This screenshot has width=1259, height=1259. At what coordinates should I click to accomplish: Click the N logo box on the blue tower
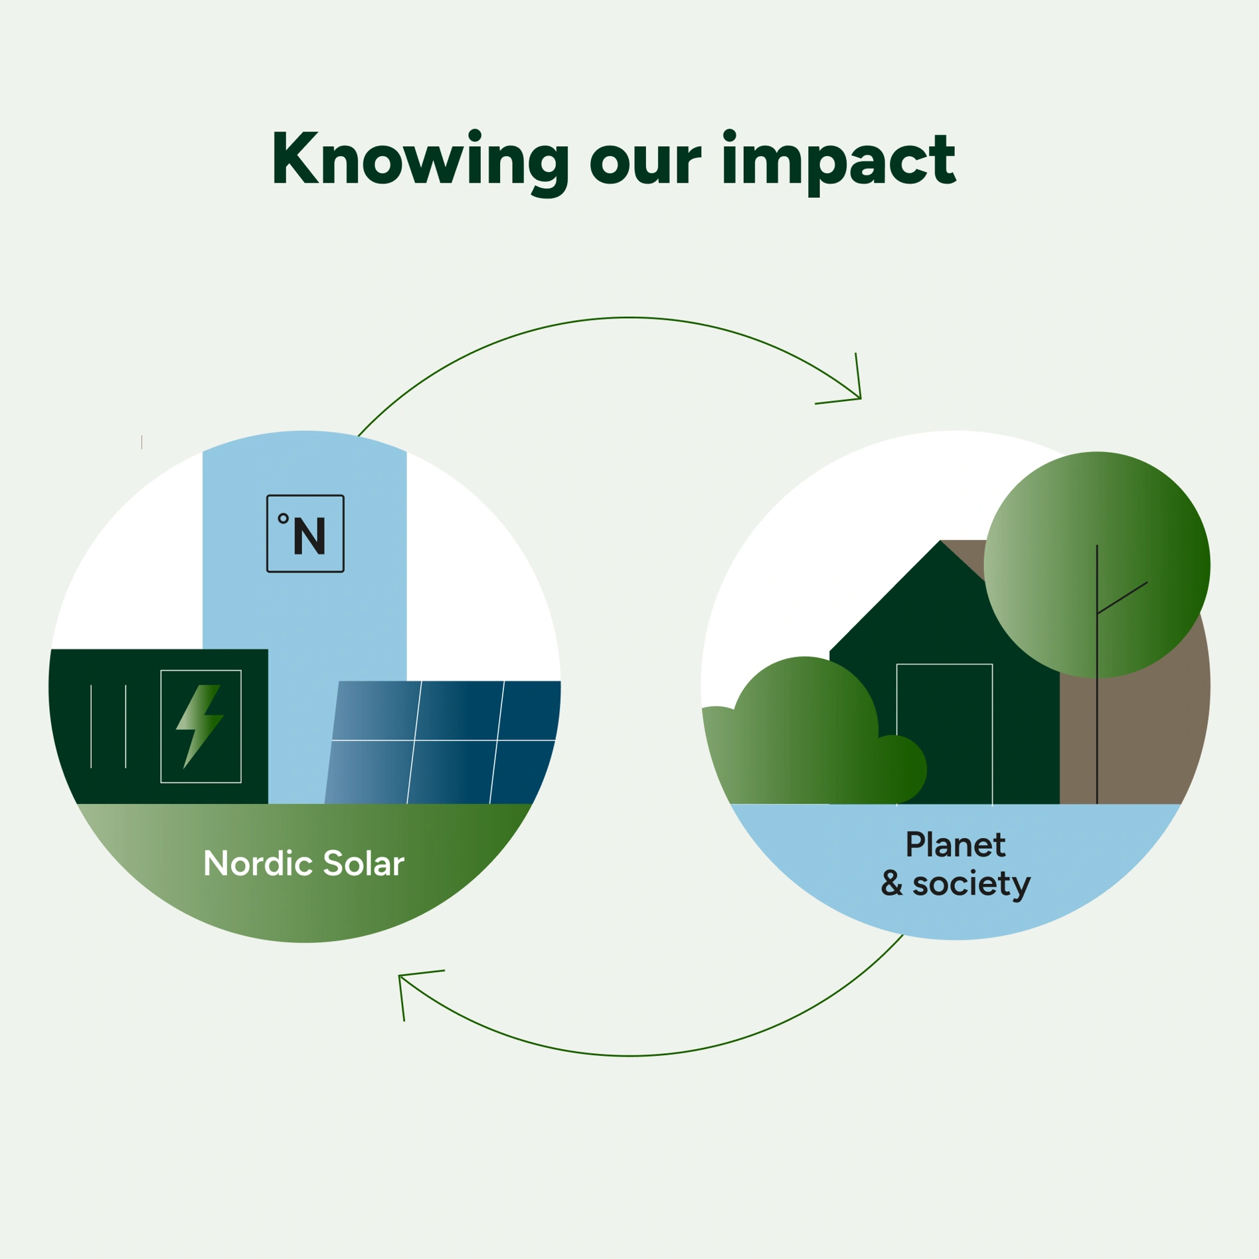pos(305,533)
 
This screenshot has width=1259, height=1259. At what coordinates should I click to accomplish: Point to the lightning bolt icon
pos(199,726)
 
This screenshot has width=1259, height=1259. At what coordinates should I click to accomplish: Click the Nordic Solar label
pos(303,863)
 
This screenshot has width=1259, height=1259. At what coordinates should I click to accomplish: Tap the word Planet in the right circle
pos(956,845)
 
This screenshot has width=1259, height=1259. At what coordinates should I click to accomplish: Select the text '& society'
pos(956,884)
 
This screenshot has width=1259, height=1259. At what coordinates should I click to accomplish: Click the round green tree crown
pos(1097,564)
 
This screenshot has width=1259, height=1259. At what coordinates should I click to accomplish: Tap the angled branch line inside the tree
pos(1122,598)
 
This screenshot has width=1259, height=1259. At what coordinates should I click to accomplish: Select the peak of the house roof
pos(940,541)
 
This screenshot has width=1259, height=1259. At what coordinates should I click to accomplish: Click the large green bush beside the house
pos(797,730)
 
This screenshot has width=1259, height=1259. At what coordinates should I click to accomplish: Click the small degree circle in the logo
pos(284,519)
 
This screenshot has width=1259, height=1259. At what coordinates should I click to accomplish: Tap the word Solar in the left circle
pos(364,863)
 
